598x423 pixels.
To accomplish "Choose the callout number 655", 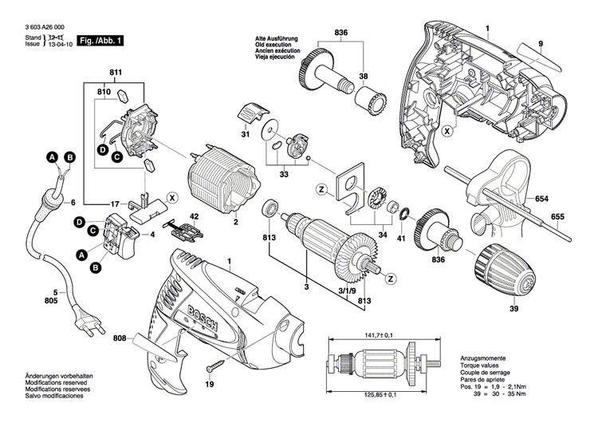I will point(557,217).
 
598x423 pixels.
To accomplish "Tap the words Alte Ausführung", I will point(277,38).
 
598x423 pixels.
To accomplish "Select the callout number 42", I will point(194,216).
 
